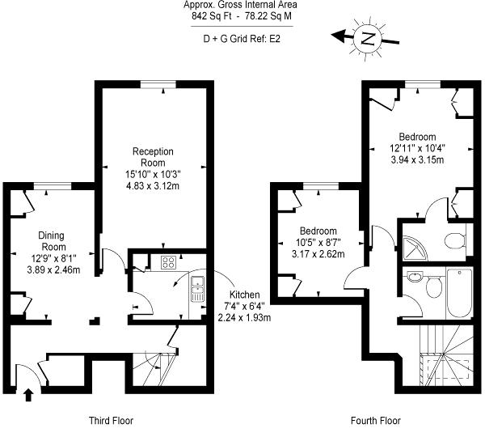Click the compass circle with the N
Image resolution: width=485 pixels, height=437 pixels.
point(369,38)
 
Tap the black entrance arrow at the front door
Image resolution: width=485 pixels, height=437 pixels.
point(28,396)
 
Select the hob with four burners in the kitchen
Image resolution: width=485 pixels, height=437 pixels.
point(169,262)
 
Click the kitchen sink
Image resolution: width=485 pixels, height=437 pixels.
point(197,289)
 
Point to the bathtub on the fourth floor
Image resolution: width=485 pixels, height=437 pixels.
point(459,294)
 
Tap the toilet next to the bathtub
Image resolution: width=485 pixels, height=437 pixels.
point(433,285)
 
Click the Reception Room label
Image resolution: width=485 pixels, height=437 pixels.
point(153,157)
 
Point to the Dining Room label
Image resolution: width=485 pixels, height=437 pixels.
point(52,241)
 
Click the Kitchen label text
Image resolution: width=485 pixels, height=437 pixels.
point(244,295)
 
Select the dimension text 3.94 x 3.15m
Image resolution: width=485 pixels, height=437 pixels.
point(417,159)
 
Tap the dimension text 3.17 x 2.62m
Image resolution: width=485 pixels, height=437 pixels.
point(318,254)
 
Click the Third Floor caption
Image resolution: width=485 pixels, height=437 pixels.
point(111,421)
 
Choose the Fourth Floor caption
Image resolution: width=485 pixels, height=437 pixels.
point(376,421)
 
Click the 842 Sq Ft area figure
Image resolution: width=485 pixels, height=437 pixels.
point(212,16)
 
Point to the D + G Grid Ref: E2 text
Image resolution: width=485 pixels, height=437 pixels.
point(242,39)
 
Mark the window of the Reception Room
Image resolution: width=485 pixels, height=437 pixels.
point(158,84)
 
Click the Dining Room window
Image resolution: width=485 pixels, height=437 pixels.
point(53,186)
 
